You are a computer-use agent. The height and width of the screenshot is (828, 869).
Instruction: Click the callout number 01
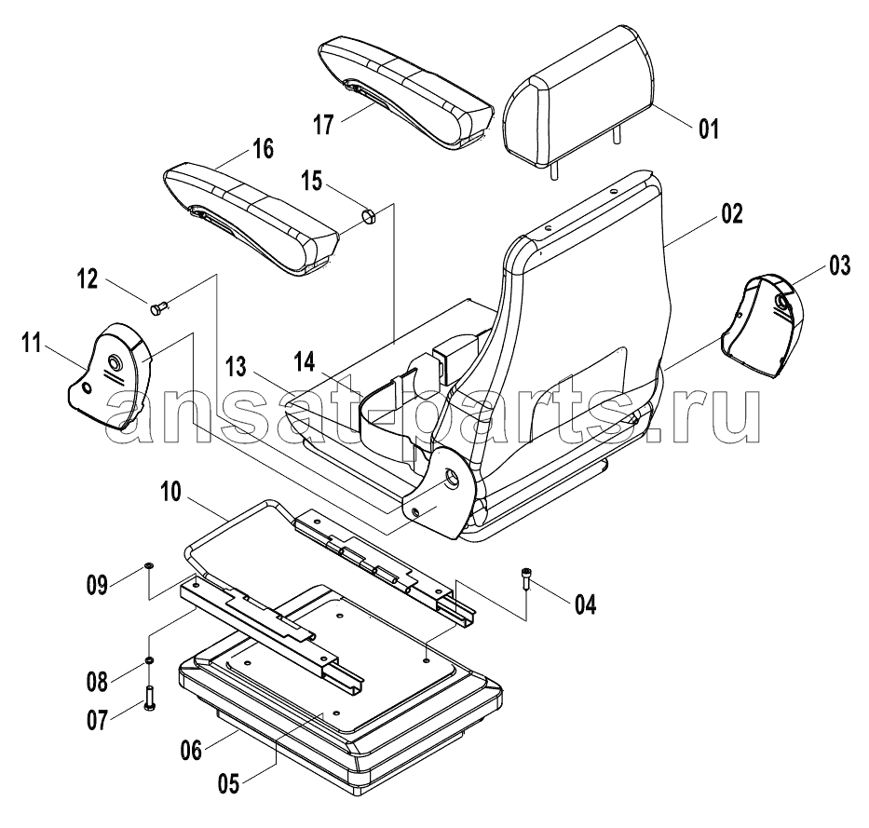click(x=708, y=129)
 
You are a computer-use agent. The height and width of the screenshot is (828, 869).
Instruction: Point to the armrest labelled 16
click(x=251, y=219)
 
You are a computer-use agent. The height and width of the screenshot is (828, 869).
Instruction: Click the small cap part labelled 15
click(x=369, y=216)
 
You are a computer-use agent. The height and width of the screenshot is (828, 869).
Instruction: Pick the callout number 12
click(x=87, y=278)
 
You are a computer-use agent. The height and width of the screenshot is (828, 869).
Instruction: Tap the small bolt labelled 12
click(x=159, y=306)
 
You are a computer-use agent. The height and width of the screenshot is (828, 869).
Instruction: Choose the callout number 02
click(x=731, y=214)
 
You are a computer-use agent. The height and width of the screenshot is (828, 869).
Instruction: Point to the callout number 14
click(x=305, y=362)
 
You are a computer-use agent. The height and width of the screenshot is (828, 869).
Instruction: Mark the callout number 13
click(x=236, y=366)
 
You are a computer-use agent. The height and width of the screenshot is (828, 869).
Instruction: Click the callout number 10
click(x=171, y=492)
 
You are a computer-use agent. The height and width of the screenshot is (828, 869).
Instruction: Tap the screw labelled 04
click(x=526, y=578)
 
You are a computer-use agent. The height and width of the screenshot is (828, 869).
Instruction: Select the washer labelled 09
click(x=149, y=564)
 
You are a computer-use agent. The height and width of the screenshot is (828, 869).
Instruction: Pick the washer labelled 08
click(x=149, y=660)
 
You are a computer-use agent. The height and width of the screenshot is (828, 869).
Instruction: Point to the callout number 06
click(x=191, y=751)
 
